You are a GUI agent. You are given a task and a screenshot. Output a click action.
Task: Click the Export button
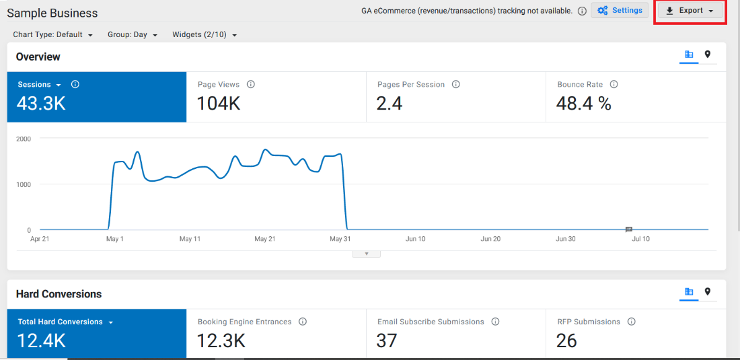click(690, 11)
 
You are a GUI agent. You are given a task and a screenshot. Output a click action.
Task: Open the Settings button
click(620, 10)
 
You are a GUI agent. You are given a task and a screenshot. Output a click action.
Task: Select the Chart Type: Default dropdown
click(53, 34)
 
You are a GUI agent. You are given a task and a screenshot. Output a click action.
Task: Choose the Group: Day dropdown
click(132, 34)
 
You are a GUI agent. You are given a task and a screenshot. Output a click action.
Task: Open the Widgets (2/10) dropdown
click(205, 34)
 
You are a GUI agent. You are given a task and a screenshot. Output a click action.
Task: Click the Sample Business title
click(52, 13)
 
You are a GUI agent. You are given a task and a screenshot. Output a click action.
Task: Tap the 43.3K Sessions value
click(41, 104)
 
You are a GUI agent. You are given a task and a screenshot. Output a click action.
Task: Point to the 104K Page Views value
click(219, 104)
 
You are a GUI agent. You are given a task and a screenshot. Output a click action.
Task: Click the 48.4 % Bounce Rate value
click(584, 104)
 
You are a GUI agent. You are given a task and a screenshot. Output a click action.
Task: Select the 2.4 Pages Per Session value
click(390, 104)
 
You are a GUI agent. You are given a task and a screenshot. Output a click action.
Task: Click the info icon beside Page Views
click(251, 85)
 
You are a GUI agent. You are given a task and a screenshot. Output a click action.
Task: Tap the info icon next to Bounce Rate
click(614, 85)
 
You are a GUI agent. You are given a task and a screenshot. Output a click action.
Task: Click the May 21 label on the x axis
click(265, 239)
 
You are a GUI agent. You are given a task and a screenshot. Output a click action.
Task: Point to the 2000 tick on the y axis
click(23, 139)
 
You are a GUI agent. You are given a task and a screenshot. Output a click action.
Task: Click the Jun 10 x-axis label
click(415, 239)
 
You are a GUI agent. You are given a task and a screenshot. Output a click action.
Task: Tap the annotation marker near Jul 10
click(628, 229)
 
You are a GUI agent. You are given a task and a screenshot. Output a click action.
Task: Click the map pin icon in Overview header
click(708, 55)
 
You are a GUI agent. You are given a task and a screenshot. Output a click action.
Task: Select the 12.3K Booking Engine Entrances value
click(221, 340)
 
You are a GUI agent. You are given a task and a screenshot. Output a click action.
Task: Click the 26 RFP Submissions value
click(566, 340)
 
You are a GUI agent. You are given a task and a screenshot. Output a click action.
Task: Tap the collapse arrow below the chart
click(366, 254)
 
